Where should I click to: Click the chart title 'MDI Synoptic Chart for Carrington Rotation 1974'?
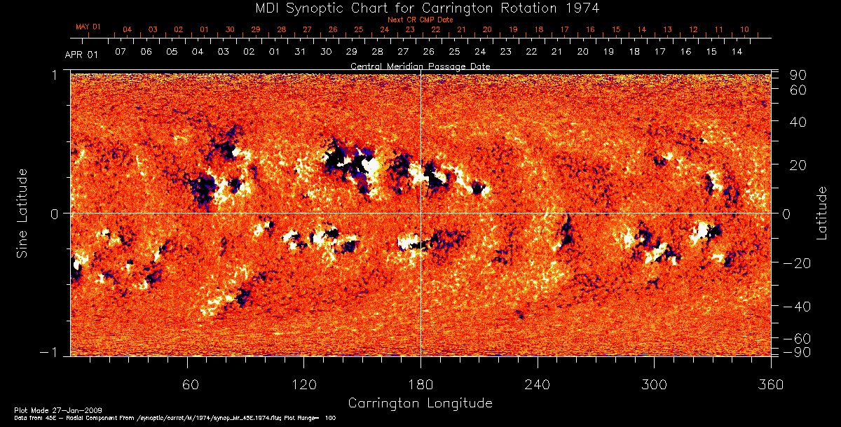click(x=420, y=8)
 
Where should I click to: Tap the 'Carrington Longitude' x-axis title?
click(x=420, y=403)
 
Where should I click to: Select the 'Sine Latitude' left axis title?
click(x=22, y=214)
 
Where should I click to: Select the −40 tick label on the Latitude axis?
click(x=797, y=307)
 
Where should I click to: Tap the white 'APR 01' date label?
click(x=81, y=54)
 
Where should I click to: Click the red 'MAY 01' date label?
click(x=88, y=27)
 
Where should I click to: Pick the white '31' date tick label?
click(x=300, y=52)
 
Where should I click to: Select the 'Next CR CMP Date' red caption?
click(x=420, y=20)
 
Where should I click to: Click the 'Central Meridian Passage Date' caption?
click(x=420, y=66)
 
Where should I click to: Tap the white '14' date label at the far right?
click(x=737, y=52)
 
